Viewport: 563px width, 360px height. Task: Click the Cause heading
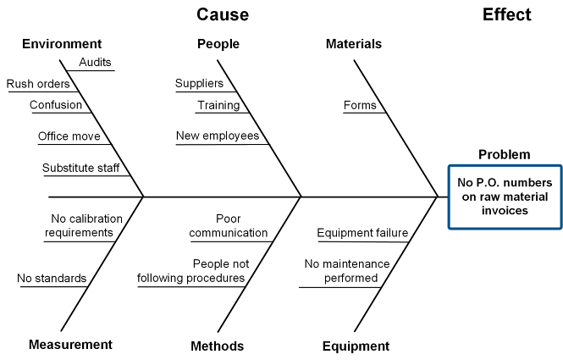[223, 14]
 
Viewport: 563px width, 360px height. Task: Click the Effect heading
[506, 14]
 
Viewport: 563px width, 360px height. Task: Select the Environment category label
[62, 44]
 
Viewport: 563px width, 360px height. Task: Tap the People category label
[218, 44]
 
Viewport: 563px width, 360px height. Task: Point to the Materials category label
[353, 44]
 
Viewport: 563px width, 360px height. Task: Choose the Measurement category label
[70, 345]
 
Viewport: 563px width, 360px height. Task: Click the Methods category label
[218, 346]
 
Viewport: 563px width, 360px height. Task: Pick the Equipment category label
[356, 346]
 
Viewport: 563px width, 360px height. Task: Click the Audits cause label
[95, 63]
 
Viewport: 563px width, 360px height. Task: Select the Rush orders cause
[38, 84]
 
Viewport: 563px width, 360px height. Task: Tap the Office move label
[69, 136]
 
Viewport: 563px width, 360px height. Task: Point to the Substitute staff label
[81, 168]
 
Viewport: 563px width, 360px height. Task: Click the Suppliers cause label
[199, 84]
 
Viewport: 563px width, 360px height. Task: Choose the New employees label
[218, 136]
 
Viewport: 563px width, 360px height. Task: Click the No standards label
[52, 278]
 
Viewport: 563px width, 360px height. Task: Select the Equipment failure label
[362, 233]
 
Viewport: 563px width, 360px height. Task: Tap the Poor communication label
[229, 225]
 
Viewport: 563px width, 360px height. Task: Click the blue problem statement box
[504, 197]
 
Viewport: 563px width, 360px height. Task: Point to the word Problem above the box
[505, 154]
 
